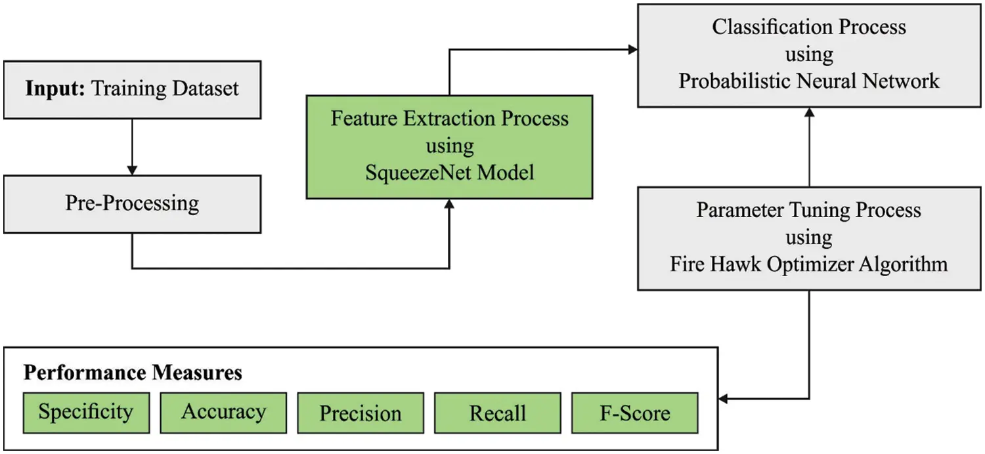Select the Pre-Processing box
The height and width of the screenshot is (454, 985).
click(132, 203)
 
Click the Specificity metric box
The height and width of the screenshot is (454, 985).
click(86, 413)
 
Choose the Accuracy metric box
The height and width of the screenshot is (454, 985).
click(223, 413)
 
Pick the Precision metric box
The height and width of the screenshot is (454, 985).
click(361, 413)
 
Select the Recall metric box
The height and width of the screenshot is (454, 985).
click(498, 413)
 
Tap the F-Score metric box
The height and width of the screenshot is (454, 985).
click(635, 413)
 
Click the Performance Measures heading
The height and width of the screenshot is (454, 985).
click(133, 373)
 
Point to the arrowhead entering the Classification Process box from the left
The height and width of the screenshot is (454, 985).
click(633, 49)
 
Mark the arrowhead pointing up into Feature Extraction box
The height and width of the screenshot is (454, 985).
click(449, 204)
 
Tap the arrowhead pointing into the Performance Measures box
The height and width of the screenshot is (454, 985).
click(724, 398)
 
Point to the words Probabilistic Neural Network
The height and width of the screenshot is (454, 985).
click(809, 81)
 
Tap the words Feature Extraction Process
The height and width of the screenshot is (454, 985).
click(449, 119)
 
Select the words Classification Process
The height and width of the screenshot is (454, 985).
click(809, 27)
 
